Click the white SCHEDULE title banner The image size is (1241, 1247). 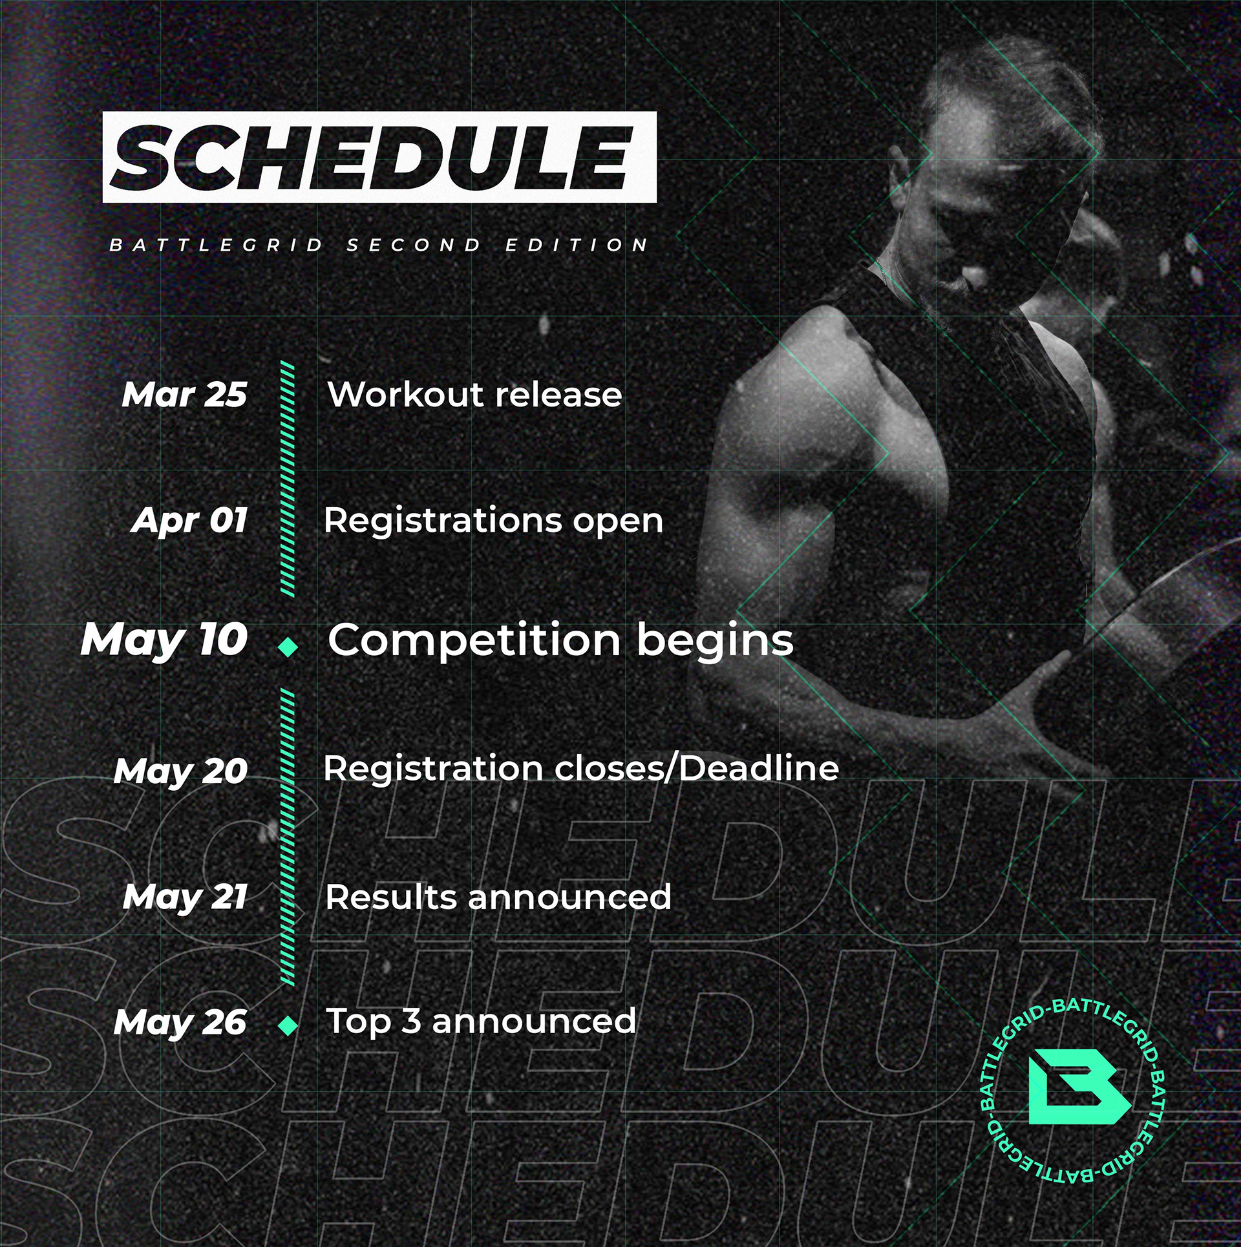pos(379,157)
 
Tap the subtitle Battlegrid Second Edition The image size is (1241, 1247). pos(379,246)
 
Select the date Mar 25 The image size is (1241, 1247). pos(184,394)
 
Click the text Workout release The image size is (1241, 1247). pos(475,394)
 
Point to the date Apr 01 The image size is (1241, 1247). pos(189,520)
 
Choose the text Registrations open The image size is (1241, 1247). pos(494,521)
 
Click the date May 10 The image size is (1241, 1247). pos(164,640)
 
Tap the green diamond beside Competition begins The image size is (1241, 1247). pos(288,646)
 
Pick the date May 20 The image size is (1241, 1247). pos(181,771)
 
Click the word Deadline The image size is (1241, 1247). pos(759,769)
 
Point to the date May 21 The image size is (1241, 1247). pos(186,897)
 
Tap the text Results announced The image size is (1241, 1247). pos(498,897)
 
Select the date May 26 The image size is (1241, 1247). pos(180,1023)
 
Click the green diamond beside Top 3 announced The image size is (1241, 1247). pos(288,1025)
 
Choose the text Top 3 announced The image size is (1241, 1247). pos(482,1022)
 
